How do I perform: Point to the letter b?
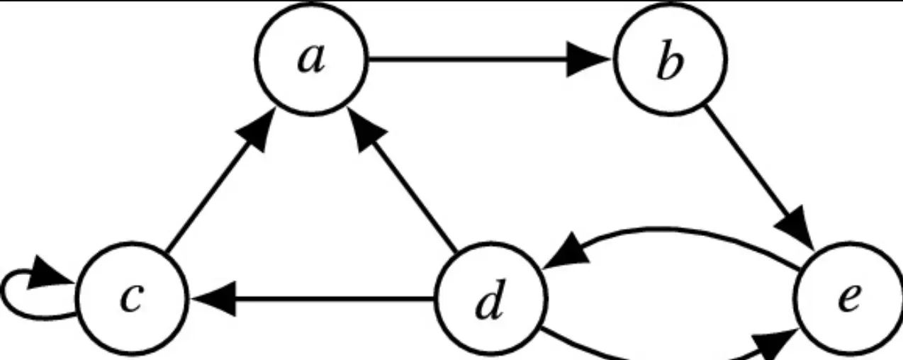click(669, 62)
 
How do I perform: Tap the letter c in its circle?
click(130, 298)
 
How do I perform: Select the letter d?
click(490, 300)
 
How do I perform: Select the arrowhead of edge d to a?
click(369, 133)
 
